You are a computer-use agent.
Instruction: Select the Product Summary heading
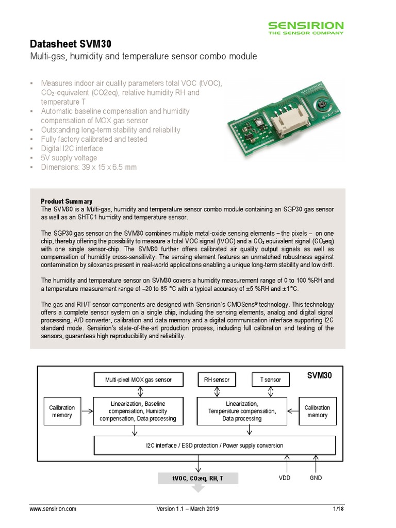click(67, 201)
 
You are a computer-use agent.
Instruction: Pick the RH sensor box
click(217, 380)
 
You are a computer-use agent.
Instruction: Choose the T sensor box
click(271, 380)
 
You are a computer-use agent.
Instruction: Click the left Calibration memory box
click(62, 411)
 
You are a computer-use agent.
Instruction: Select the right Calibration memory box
click(317, 411)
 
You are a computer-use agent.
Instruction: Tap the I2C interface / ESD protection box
click(214, 445)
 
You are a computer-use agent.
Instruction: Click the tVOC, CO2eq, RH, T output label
click(198, 478)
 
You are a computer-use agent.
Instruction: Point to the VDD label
click(284, 478)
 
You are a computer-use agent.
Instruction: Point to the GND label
click(316, 478)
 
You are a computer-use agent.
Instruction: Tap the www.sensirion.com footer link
click(53, 509)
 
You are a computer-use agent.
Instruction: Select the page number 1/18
click(338, 509)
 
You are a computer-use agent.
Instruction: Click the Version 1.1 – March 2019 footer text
click(188, 509)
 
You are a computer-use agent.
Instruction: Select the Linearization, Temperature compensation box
click(242, 411)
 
